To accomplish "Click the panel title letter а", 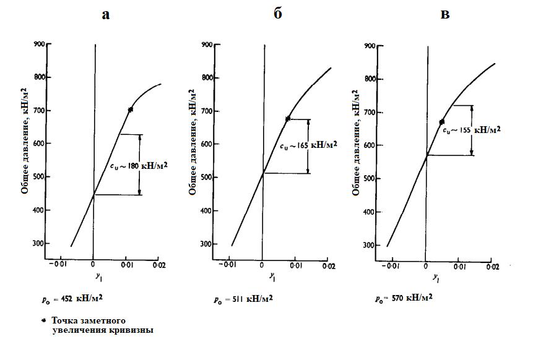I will pos(106,15).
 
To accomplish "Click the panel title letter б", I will pos(277,14).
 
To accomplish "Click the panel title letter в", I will pos(444,15).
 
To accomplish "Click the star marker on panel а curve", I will pos(131,109).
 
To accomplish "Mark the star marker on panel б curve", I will pos(288,119).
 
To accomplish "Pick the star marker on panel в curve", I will pos(442,122).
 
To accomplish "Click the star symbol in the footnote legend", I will pos(43,320).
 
